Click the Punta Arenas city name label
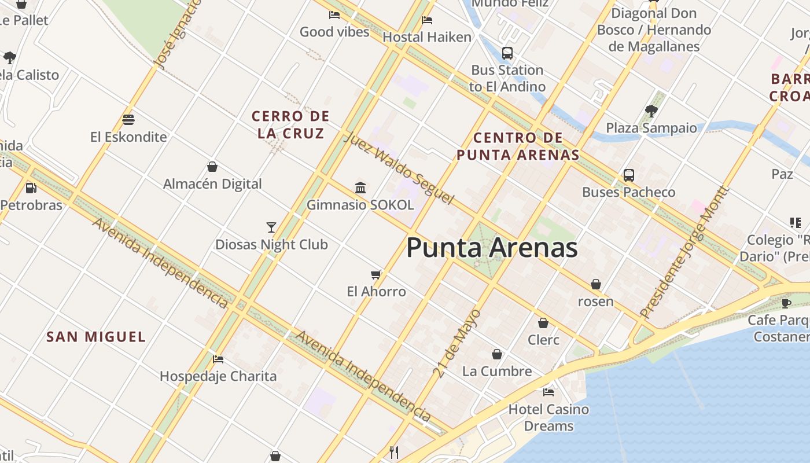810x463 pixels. pos(492,248)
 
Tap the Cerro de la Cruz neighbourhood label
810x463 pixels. pos(290,124)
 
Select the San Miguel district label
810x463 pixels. pos(96,337)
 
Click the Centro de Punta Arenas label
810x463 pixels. pos(518,146)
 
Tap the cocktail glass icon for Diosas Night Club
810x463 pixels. pos(271,227)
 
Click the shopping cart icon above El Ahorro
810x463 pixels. pos(376,274)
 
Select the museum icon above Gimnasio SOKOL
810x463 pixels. pos(360,188)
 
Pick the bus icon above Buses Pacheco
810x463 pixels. pos(628,175)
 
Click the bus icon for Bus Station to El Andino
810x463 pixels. pos(507,53)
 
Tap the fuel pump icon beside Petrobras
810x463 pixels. pos(31,188)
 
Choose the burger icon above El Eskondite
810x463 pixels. pos(128,120)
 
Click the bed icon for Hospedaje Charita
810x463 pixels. pos(218,359)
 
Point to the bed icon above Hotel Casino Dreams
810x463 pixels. pos(548,392)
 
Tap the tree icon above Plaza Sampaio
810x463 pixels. pos(651,111)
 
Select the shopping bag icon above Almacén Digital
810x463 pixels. pos(212,167)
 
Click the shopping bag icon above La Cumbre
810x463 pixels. pos(497,354)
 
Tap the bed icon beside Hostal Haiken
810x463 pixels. pos(427,20)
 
